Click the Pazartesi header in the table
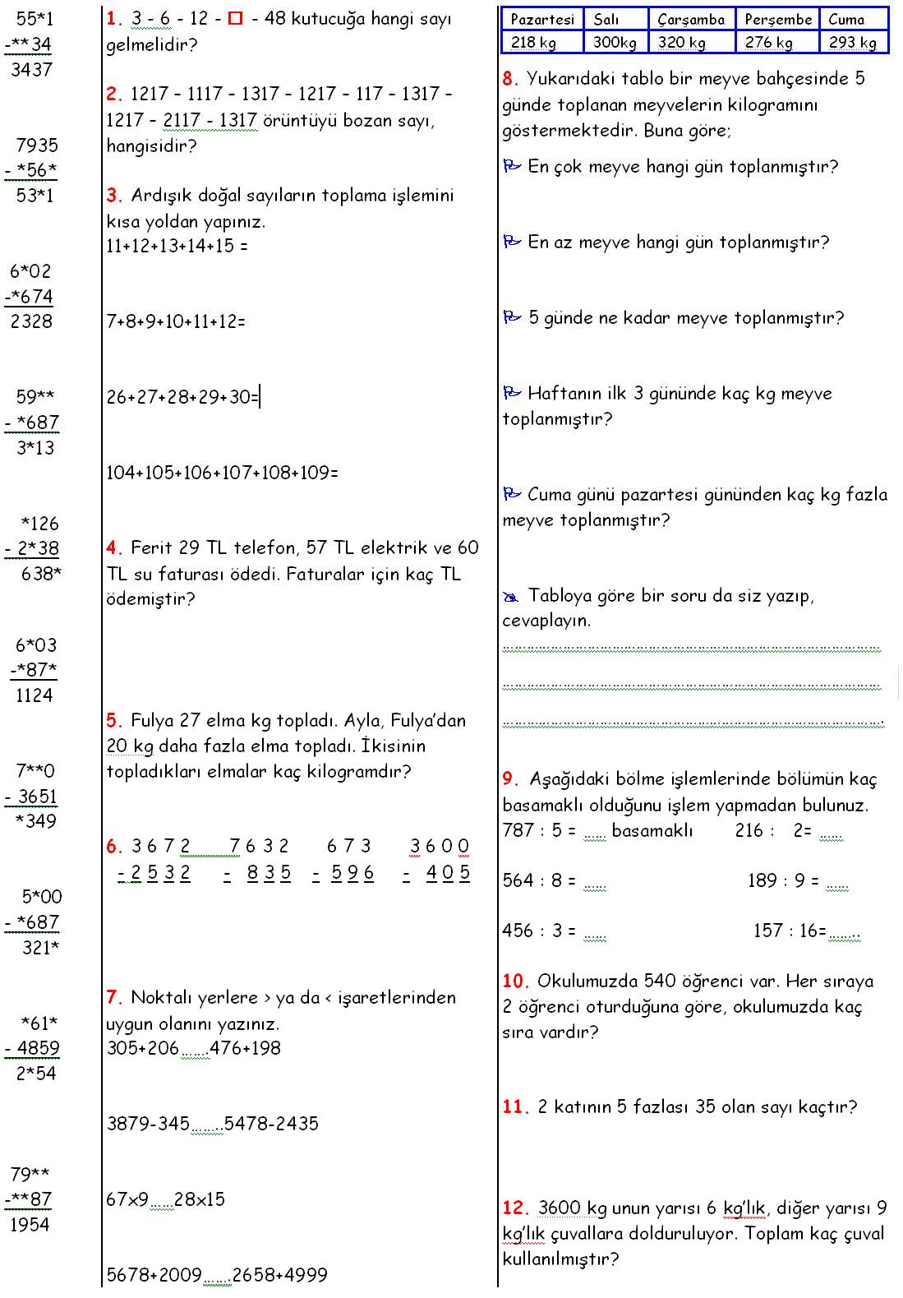point(541,19)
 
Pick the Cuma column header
point(846,19)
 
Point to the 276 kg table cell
point(768,42)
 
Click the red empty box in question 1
point(236,19)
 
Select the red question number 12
point(514,1208)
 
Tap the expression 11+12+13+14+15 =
point(177,246)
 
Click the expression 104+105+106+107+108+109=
point(223,473)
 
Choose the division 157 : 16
point(790,931)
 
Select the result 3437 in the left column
point(31,70)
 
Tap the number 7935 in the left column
point(37,146)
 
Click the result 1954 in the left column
point(30,1225)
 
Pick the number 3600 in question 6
point(440,846)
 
